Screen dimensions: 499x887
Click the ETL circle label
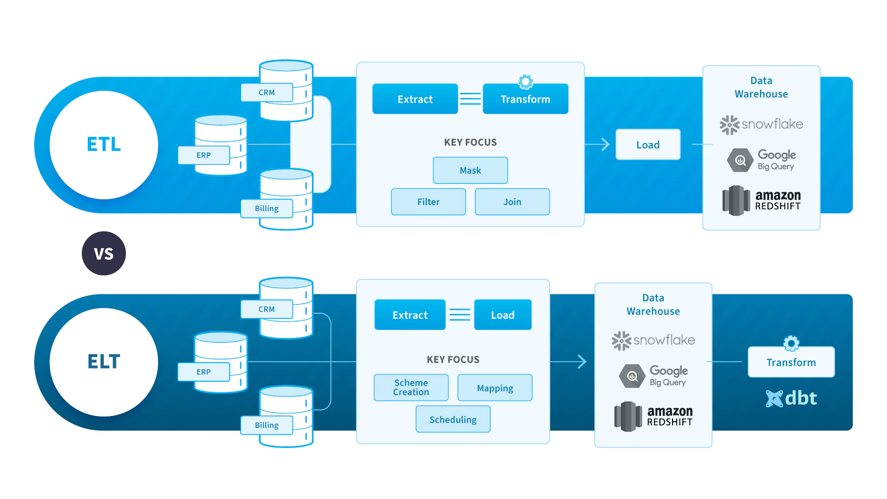pyautogui.click(x=104, y=145)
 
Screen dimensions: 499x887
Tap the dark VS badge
pyautogui.click(x=104, y=254)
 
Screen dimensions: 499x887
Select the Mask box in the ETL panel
pyautogui.click(x=470, y=170)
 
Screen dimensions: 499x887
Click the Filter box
pyautogui.click(x=428, y=202)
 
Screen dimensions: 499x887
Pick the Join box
pyautogui.click(x=512, y=202)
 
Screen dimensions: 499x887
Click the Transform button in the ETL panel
pyautogui.click(x=525, y=99)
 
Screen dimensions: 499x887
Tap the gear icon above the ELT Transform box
pyautogui.click(x=791, y=343)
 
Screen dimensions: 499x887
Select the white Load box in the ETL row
pyautogui.click(x=648, y=145)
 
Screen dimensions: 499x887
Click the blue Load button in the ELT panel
pyautogui.click(x=503, y=315)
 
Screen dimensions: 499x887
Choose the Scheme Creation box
pyautogui.click(x=411, y=388)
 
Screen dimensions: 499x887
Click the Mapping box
pyautogui.click(x=495, y=388)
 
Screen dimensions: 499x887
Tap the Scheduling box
pyautogui.click(x=453, y=420)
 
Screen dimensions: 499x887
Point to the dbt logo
pyautogui.click(x=791, y=398)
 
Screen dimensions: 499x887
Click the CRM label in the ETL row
pyautogui.click(x=267, y=92)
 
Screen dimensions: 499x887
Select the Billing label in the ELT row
pyautogui.click(x=267, y=425)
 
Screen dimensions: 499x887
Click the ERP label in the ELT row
pyautogui.click(x=204, y=372)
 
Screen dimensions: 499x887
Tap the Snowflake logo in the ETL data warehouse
pyautogui.click(x=761, y=124)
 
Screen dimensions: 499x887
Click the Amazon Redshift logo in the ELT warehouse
pyautogui.click(x=653, y=416)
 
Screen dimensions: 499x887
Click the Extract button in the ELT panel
pyautogui.click(x=410, y=315)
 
